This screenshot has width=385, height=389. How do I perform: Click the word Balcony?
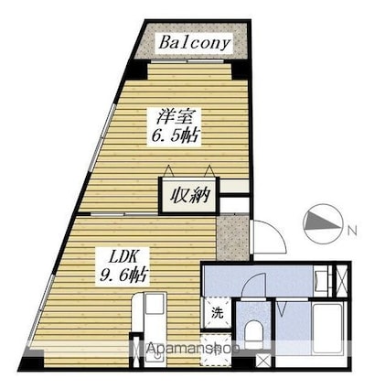(194, 43)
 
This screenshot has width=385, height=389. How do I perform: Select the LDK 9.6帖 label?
(123, 266)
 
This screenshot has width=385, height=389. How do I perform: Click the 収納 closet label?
(189, 195)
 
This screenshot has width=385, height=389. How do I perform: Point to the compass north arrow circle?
(322, 224)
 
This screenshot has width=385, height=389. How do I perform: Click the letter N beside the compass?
(352, 231)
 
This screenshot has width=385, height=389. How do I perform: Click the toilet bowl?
(253, 333)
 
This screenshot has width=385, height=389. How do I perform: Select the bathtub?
(327, 329)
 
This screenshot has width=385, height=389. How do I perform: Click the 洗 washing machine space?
(218, 313)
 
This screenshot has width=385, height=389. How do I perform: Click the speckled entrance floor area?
(232, 238)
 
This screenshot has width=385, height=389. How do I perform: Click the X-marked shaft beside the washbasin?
(341, 281)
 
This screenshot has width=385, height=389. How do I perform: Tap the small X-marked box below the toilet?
(262, 361)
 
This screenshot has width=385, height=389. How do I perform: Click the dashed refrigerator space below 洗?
(216, 351)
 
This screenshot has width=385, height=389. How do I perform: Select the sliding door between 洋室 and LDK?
(123, 214)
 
